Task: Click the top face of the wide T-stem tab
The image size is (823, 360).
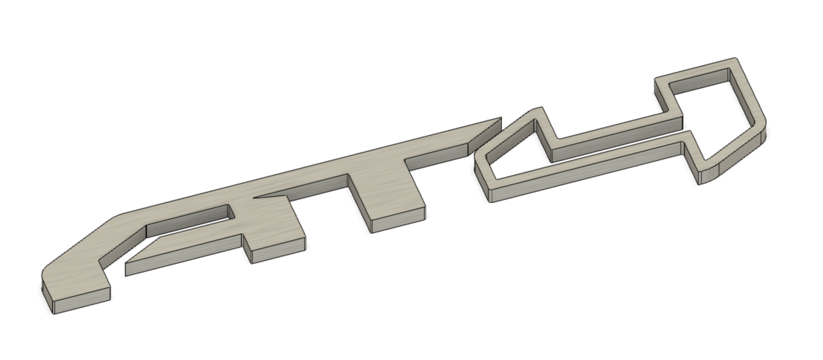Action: point(386,191)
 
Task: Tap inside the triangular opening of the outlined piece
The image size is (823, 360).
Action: point(514,151)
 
